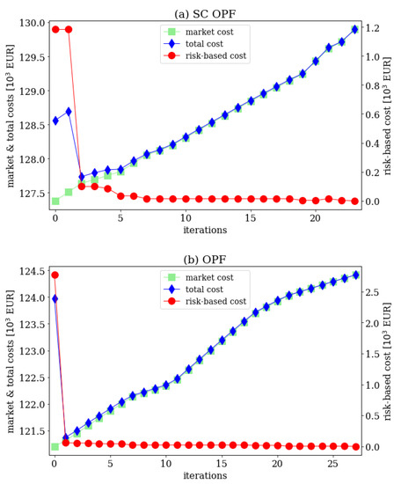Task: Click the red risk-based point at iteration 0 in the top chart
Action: [x=55, y=29]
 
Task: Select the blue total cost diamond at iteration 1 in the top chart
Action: [x=69, y=111]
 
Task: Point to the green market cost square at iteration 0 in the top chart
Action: [x=55, y=202]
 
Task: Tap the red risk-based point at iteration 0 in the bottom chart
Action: [x=55, y=275]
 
